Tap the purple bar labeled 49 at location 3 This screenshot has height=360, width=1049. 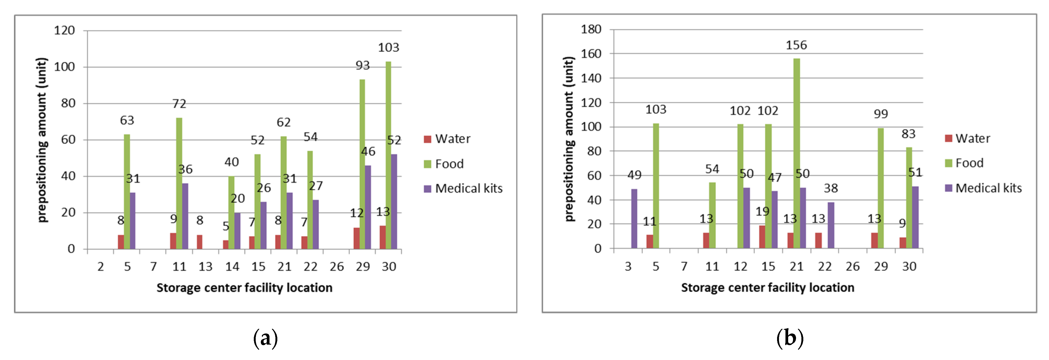(634, 219)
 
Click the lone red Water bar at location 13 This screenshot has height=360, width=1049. (199, 242)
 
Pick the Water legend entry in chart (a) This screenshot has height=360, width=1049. (447, 139)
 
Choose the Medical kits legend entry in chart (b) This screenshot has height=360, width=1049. (983, 188)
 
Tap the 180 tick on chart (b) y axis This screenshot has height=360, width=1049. (591, 29)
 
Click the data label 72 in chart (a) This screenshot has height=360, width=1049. (179, 104)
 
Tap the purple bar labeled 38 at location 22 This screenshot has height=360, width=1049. (831, 225)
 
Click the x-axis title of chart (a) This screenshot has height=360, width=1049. (244, 288)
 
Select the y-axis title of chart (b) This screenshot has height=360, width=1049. (569, 139)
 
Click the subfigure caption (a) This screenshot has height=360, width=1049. (265, 338)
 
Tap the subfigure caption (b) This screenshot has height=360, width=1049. (790, 338)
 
